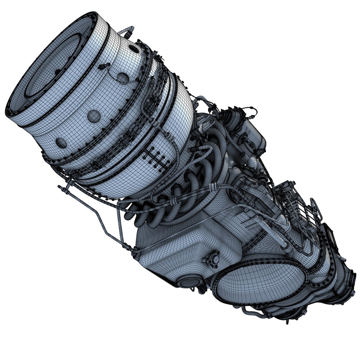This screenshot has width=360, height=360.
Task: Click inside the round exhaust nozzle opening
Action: [x=50, y=67]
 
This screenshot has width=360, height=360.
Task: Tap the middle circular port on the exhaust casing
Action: [x=94, y=116]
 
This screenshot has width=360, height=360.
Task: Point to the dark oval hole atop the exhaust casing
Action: [x=134, y=49]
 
